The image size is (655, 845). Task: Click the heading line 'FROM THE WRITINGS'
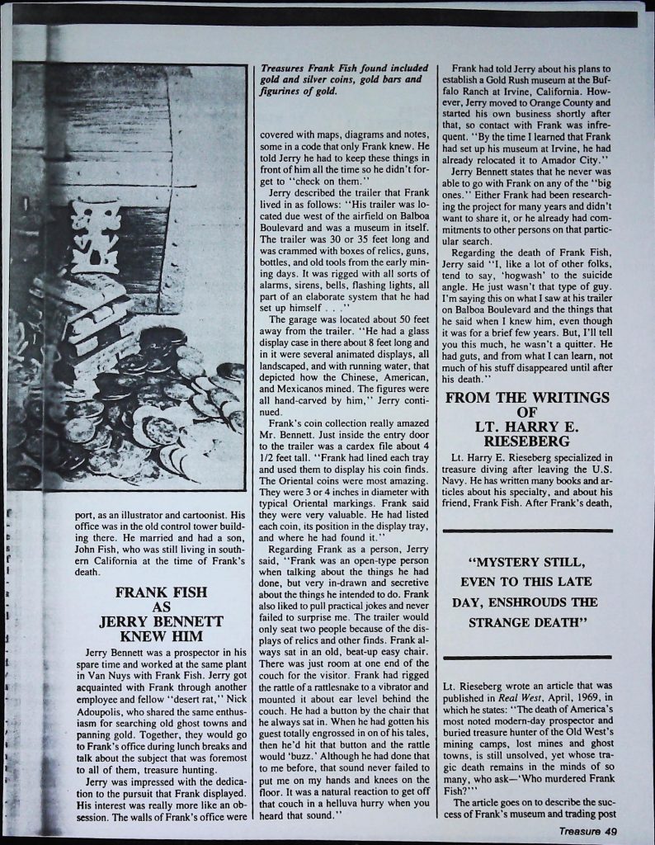pyautogui.click(x=527, y=397)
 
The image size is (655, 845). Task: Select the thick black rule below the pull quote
pyautogui.click(x=527, y=657)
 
